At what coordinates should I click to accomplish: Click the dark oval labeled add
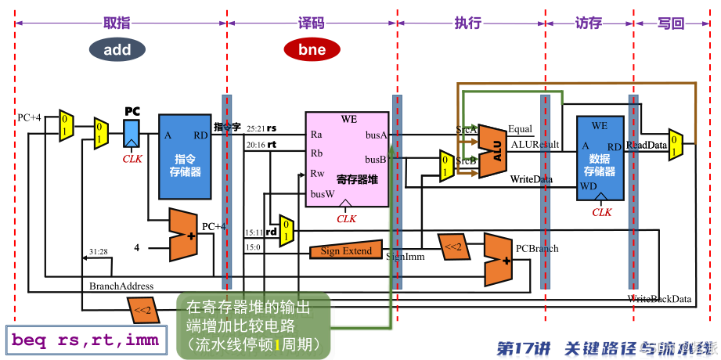pyautogui.click(x=117, y=50)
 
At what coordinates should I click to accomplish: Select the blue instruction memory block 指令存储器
pyautogui.click(x=186, y=157)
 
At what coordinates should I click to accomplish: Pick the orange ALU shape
pyautogui.click(x=492, y=146)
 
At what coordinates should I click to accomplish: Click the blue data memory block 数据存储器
pyautogui.click(x=600, y=157)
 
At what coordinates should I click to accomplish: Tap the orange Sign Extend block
pyautogui.click(x=346, y=251)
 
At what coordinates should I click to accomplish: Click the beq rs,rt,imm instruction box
pyautogui.click(x=85, y=340)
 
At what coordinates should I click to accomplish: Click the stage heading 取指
pyautogui.click(x=116, y=23)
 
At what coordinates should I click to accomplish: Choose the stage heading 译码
pyautogui.click(x=311, y=23)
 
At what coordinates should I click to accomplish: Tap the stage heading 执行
pyautogui.click(x=467, y=23)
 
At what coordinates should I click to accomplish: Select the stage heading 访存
pyautogui.click(x=588, y=23)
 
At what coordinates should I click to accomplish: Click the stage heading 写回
pyautogui.click(x=669, y=23)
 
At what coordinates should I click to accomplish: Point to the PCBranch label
pyautogui.click(x=537, y=249)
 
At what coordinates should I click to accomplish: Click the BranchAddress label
pyautogui.click(x=121, y=286)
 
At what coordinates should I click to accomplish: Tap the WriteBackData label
pyautogui.click(x=659, y=299)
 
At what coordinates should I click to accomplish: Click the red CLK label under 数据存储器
pyautogui.click(x=601, y=212)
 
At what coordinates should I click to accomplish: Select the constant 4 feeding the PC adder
pyautogui.click(x=136, y=247)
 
